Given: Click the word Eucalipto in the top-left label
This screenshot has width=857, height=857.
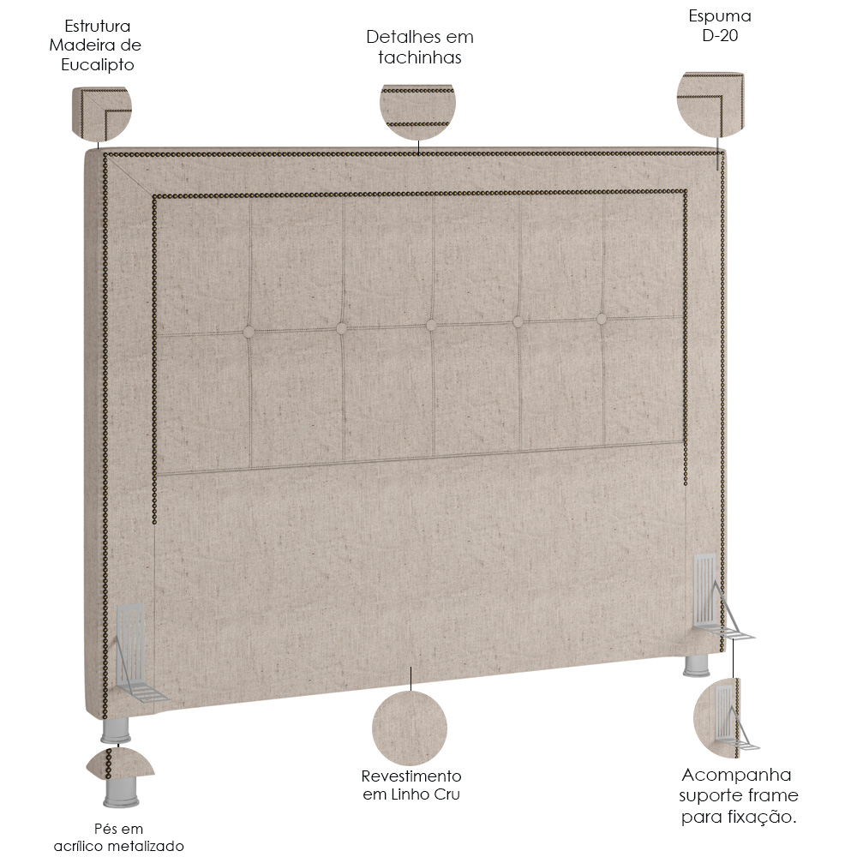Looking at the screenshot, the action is [98, 65].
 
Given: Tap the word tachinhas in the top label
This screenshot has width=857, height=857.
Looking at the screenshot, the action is [420, 57].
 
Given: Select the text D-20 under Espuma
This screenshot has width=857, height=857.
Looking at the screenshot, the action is [720, 36].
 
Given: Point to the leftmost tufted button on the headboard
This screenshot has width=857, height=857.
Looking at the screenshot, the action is [249, 331].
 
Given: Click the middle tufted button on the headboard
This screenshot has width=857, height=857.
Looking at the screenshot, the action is [431, 325].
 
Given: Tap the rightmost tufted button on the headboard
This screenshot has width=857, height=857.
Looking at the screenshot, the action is [602, 319].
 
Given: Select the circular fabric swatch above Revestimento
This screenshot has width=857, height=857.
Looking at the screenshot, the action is [410, 728].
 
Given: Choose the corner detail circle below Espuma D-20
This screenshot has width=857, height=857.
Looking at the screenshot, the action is [710, 105].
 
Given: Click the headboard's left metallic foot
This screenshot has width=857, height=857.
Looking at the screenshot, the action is [116, 730].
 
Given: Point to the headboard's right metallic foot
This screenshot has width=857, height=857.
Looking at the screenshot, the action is [698, 665].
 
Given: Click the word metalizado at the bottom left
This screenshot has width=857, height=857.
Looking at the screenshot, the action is [148, 846].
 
